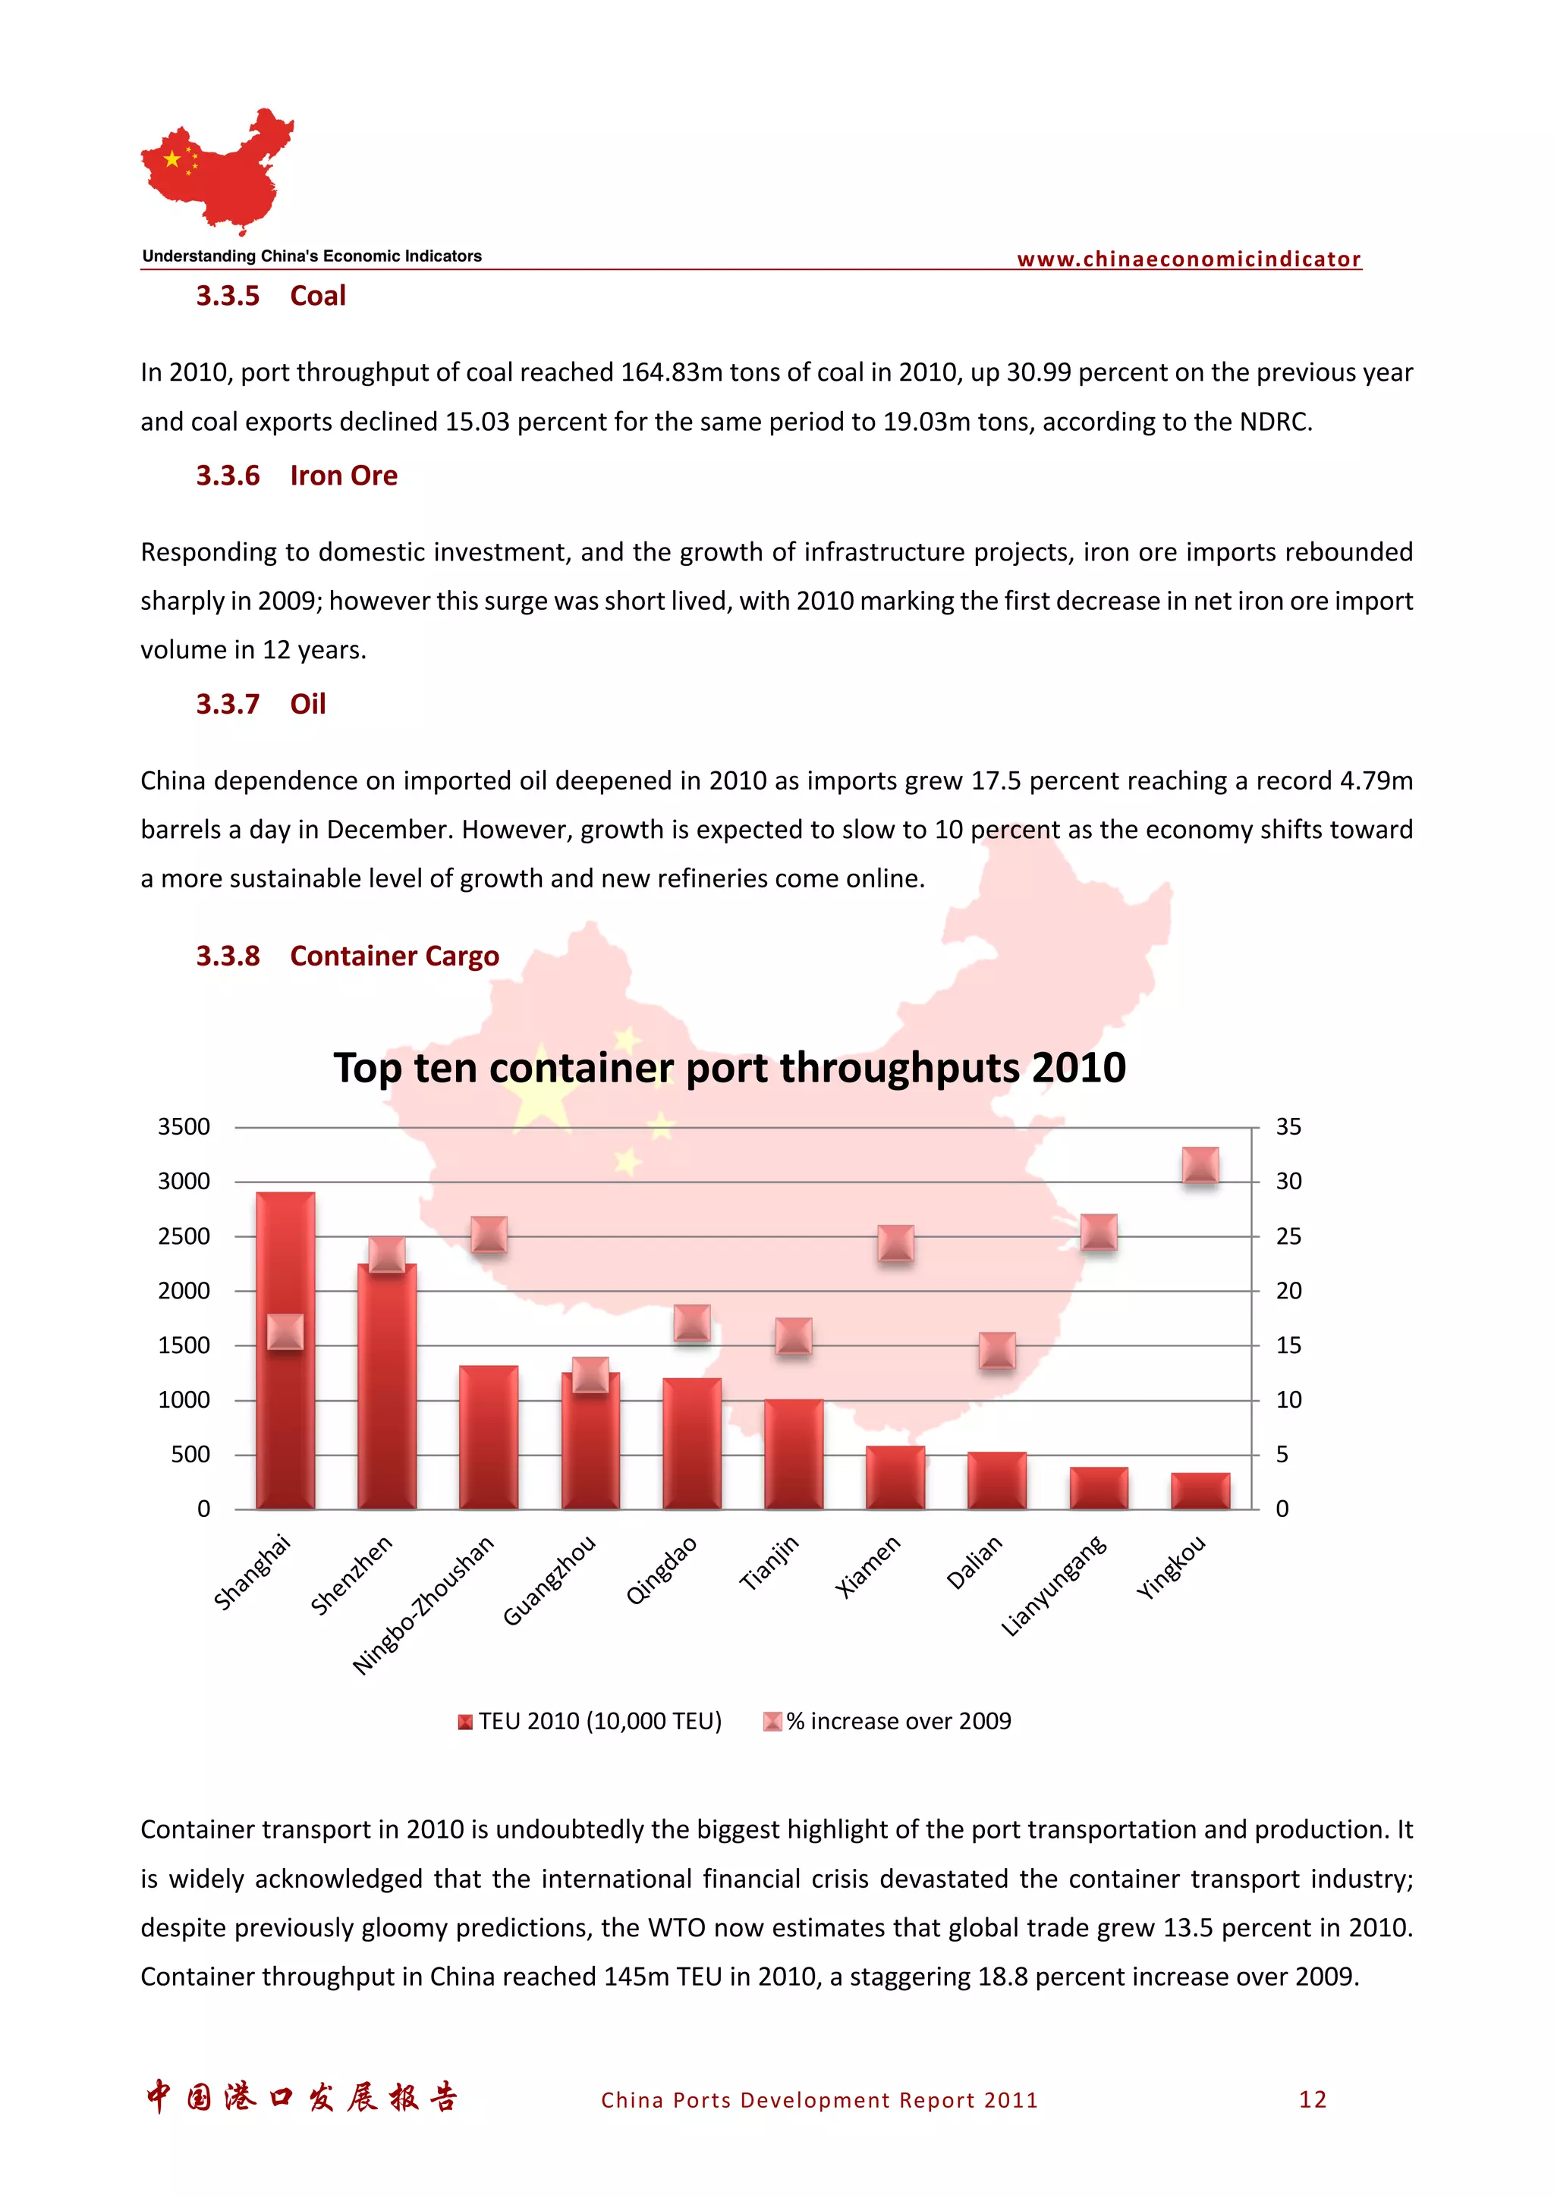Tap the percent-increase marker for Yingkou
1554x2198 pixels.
coord(1200,1165)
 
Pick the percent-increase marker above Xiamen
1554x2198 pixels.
coord(895,1242)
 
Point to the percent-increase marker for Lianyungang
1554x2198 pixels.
coord(1098,1232)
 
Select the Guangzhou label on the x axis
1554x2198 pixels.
coord(549,1580)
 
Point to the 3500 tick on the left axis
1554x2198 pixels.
coord(184,1127)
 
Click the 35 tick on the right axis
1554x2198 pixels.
coord(1288,1127)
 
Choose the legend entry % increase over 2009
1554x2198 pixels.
coord(888,1721)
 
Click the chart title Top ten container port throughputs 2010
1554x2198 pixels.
coord(730,1067)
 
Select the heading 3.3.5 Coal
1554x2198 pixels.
coord(271,296)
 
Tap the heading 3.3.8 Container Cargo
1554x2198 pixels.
coord(348,956)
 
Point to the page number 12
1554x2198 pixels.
coord(1313,2099)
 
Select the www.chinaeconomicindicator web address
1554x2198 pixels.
coord(1188,259)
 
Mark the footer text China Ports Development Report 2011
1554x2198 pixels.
coord(819,2100)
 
